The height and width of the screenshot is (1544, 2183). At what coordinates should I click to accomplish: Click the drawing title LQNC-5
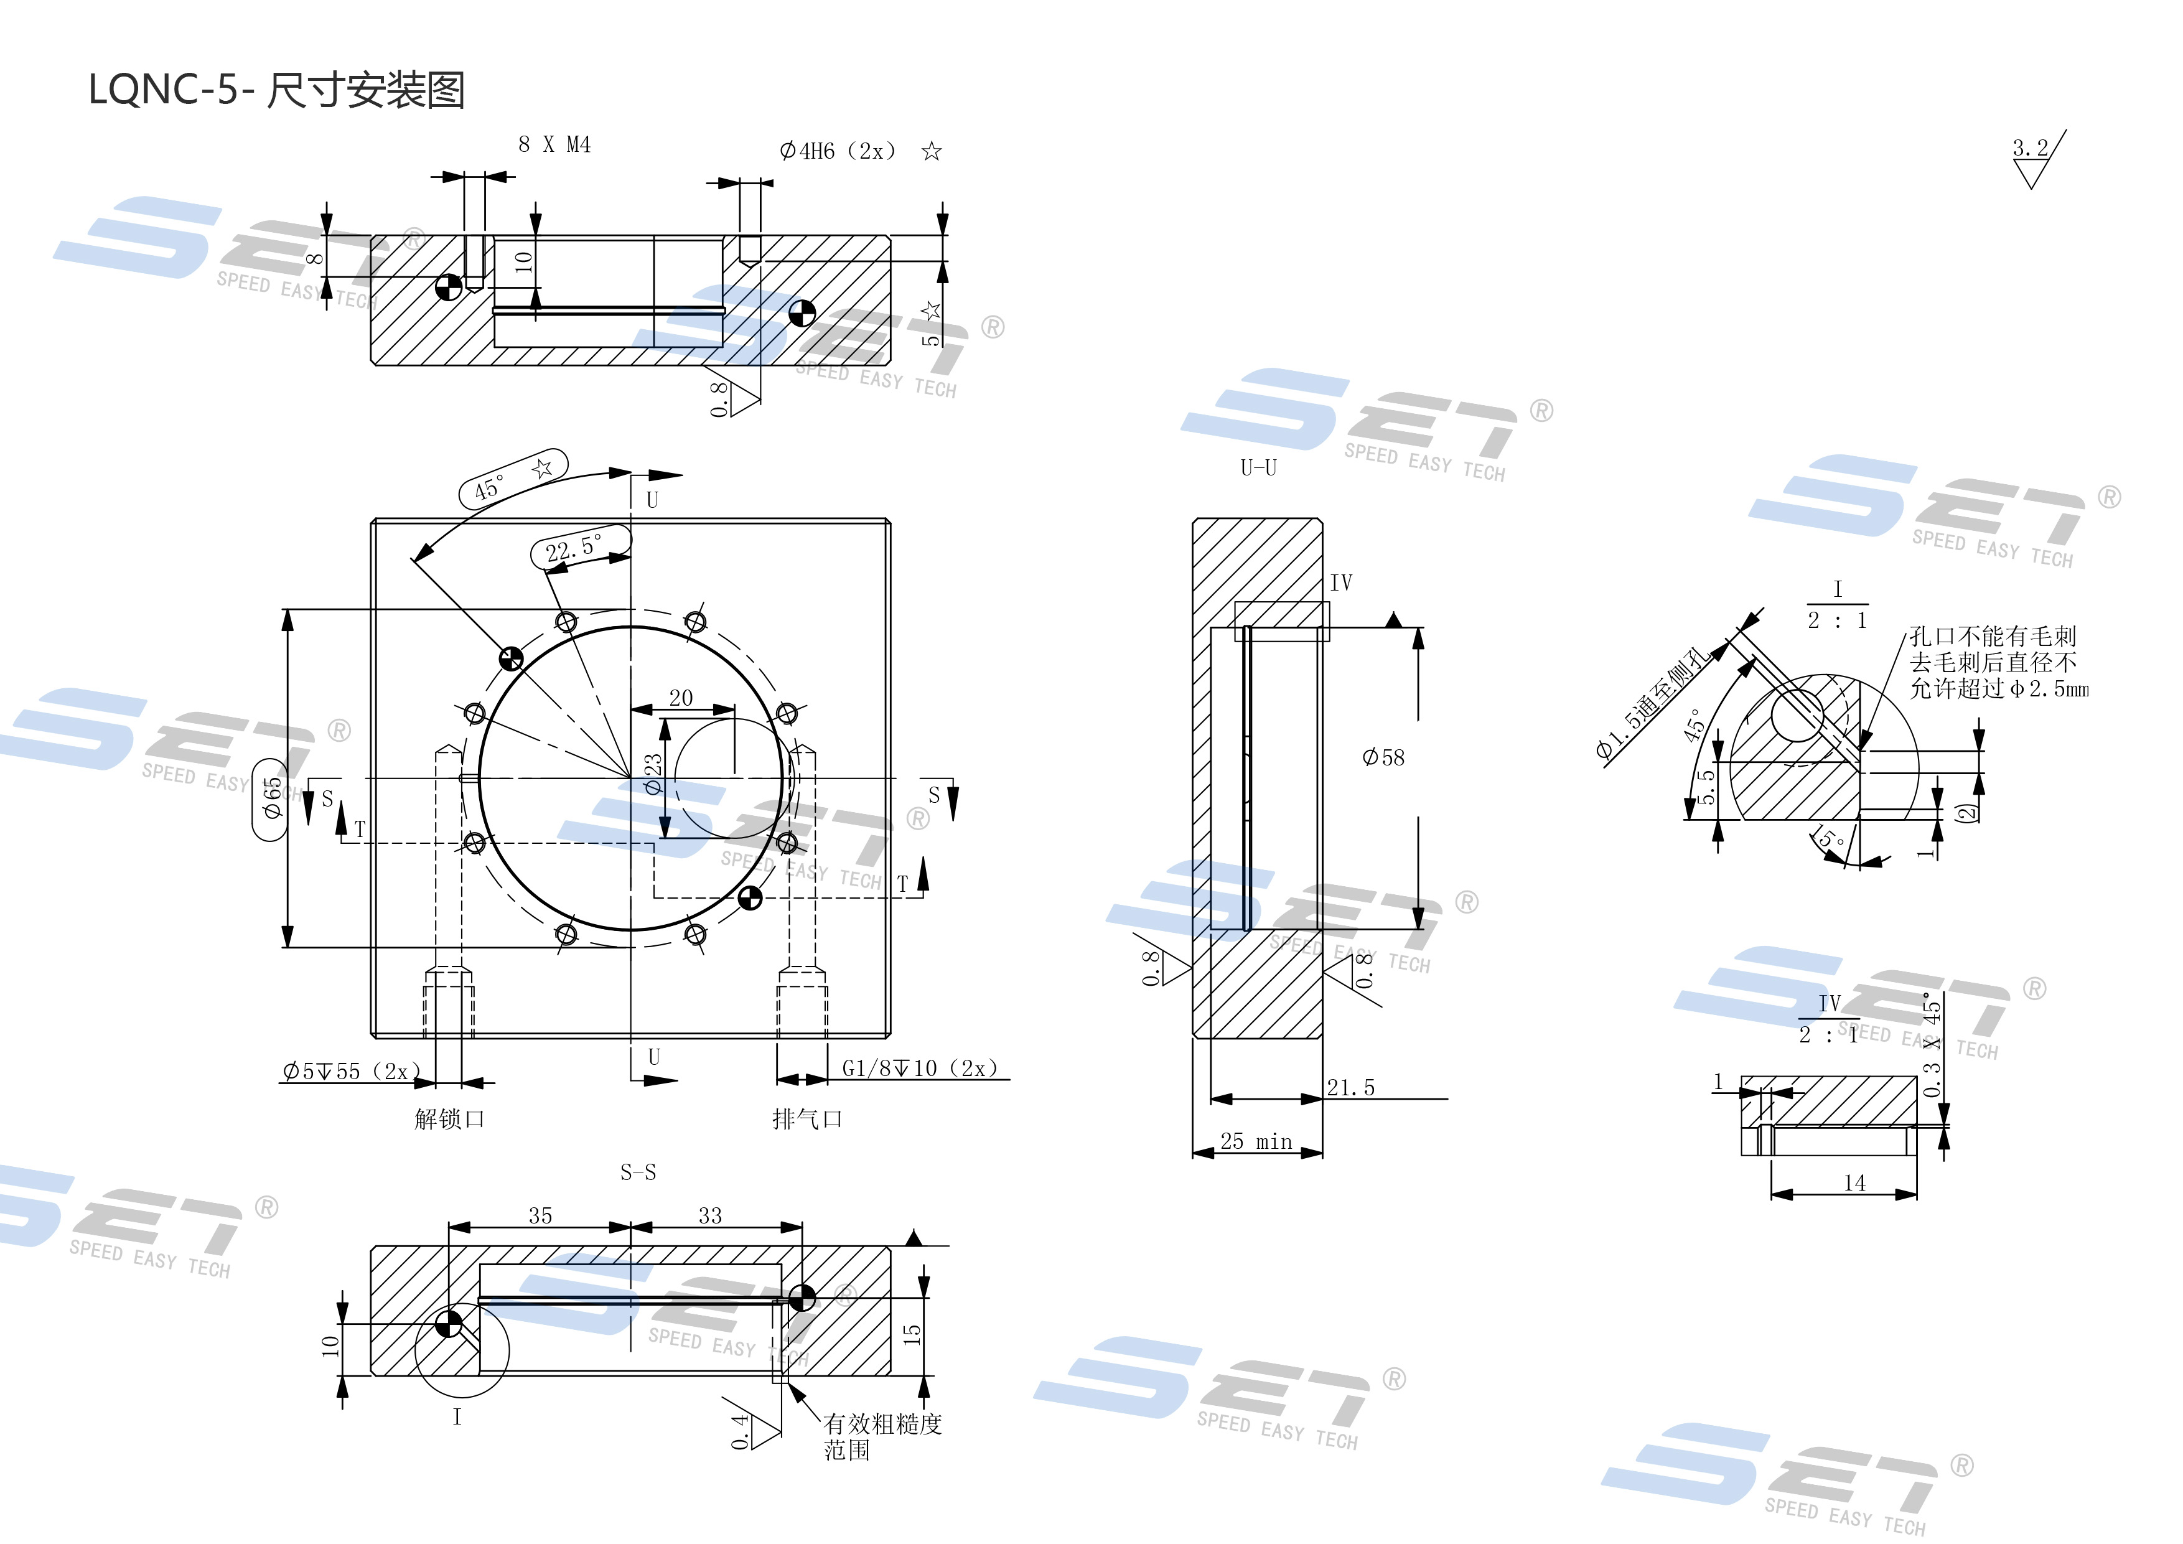276,90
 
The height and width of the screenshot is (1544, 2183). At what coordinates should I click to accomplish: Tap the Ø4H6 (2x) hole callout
838,151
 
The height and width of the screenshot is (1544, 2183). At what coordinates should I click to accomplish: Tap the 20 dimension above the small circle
681,698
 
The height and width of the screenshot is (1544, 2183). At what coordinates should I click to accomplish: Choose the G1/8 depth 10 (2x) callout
919,1069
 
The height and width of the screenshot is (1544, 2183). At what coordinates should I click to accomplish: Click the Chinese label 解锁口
450,1119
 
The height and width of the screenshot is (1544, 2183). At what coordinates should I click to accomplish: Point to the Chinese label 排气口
807,1119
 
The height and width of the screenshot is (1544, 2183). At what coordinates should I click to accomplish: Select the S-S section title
638,1172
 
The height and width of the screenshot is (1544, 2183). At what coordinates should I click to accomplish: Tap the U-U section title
1258,468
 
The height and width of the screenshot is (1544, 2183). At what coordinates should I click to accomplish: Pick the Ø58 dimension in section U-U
1383,758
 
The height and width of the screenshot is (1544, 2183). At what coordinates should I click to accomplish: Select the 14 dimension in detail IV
1854,1182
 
